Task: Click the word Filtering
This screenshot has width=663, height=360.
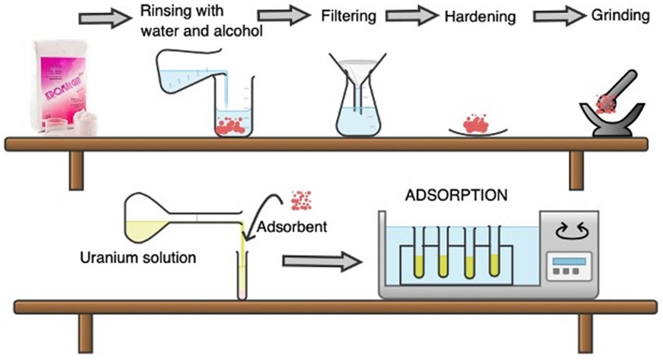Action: [x=348, y=16]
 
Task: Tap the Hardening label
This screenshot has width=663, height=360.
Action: [x=480, y=17]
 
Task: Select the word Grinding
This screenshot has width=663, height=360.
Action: [x=620, y=15]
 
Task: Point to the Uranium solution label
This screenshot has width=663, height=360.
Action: [x=138, y=258]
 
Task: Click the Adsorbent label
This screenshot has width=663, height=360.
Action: [x=292, y=226]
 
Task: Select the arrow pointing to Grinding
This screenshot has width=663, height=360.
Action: [x=560, y=16]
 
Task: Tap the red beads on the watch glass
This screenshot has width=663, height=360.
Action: [x=475, y=124]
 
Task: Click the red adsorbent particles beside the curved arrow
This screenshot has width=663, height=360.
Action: [x=300, y=200]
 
